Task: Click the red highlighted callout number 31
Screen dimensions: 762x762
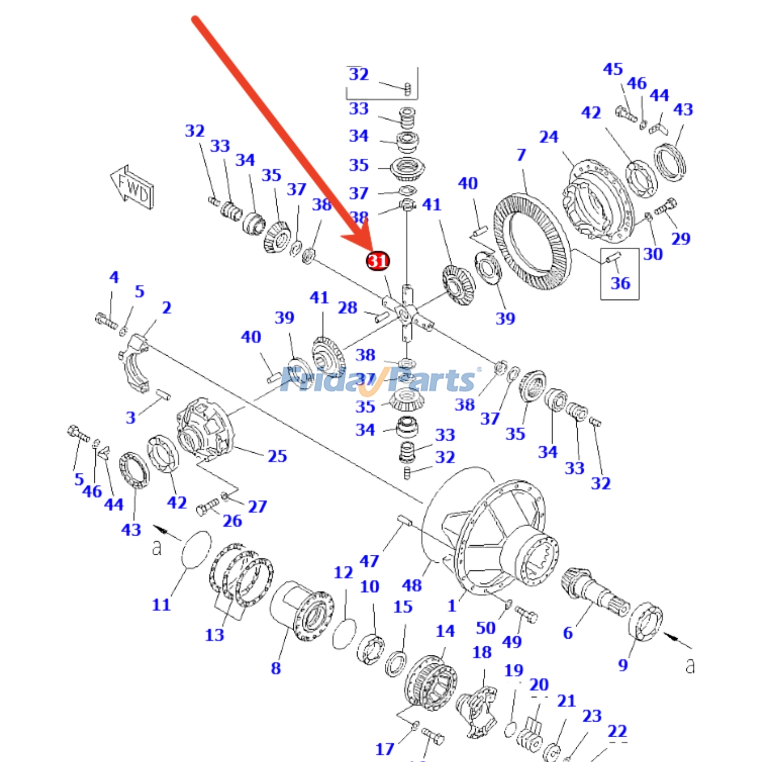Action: [378, 261]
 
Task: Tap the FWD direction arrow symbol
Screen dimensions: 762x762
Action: [133, 188]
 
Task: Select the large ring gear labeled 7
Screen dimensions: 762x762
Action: [531, 242]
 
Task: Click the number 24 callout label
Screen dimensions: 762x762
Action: [548, 137]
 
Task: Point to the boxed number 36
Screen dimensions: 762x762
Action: [620, 283]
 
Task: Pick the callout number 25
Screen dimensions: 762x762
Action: [277, 456]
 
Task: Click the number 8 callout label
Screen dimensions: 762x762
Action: [276, 668]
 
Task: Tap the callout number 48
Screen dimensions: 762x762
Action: [411, 585]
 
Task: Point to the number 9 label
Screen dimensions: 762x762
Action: [622, 664]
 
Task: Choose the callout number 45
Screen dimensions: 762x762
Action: [612, 69]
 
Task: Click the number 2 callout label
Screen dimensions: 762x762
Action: [166, 308]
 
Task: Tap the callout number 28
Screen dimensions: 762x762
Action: [347, 308]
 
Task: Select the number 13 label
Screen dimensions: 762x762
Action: [214, 634]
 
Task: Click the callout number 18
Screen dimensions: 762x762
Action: [481, 652]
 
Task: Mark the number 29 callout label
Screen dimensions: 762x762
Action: [680, 238]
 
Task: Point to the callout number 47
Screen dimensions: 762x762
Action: [369, 561]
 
